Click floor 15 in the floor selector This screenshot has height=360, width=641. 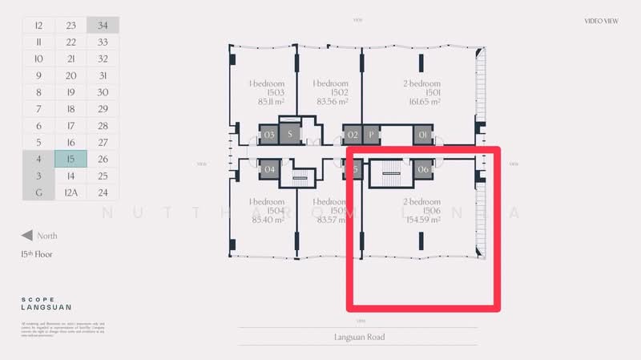tap(71, 159)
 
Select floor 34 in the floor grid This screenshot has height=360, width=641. tap(103, 25)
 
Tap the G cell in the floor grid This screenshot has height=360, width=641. tap(38, 192)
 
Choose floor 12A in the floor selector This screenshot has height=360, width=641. tap(71, 192)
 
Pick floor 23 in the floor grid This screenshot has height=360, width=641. tap(71, 25)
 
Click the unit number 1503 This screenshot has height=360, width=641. tap(266, 93)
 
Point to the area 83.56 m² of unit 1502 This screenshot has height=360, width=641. tap(331, 102)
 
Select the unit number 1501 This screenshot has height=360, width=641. tap(422, 93)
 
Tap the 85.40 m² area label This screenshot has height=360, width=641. tap(266, 219)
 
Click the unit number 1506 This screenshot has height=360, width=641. tap(422, 210)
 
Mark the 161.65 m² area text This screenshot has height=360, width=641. tap(422, 102)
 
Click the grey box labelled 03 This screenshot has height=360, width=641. tap(269, 135)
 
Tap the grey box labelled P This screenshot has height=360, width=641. tap(371, 135)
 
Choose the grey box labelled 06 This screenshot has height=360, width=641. tap(423, 168)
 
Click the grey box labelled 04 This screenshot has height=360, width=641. tap(269, 168)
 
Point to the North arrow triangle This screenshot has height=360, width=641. tap(26, 236)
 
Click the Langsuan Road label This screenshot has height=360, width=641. tap(359, 337)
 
